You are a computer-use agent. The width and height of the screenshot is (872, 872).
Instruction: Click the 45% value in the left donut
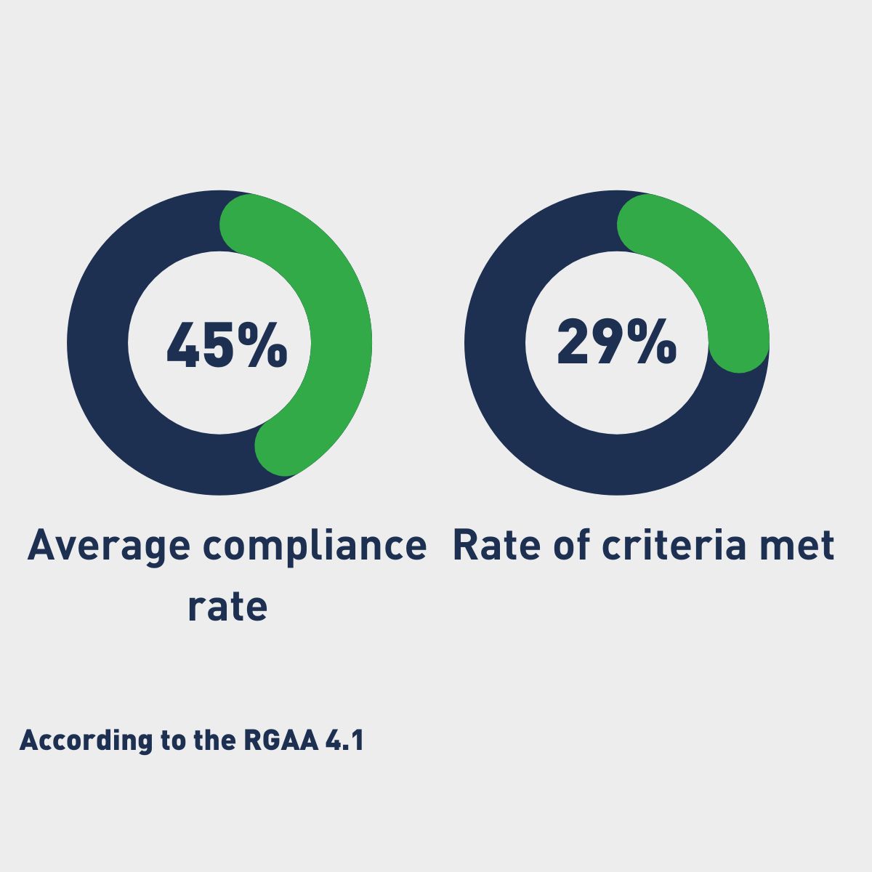[x=227, y=344]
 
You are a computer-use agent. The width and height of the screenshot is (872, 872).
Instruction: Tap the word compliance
[x=314, y=546]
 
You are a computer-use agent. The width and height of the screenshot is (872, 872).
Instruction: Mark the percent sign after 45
[x=262, y=344]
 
